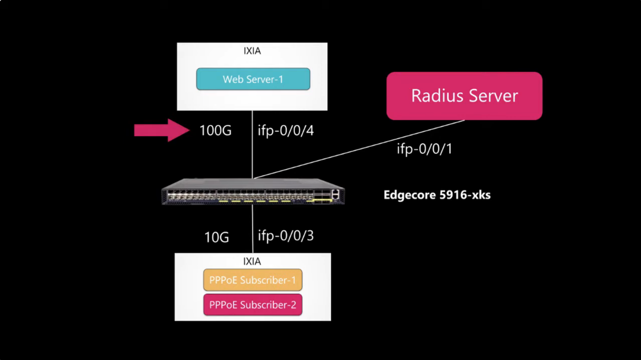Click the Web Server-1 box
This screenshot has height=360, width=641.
pyautogui.click(x=253, y=79)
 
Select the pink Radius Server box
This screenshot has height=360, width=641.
pyautogui.click(x=464, y=96)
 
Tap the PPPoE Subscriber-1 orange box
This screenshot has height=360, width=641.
pyautogui.click(x=252, y=280)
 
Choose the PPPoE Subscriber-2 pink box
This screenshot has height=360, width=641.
pyautogui.click(x=252, y=305)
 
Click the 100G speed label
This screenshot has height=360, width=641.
pyautogui.click(x=215, y=131)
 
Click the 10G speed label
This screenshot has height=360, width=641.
pyautogui.click(x=216, y=237)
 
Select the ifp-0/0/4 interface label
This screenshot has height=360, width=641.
pyautogui.click(x=285, y=131)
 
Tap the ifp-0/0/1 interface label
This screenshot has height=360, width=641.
pyautogui.click(x=424, y=148)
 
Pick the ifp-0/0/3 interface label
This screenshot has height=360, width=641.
pyautogui.click(x=285, y=235)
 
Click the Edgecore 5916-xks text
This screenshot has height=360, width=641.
pyautogui.click(x=437, y=195)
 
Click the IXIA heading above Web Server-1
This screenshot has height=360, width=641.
pyautogui.click(x=252, y=51)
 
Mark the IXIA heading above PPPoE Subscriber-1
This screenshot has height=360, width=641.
pyautogui.click(x=252, y=261)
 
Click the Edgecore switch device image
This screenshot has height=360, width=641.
pyautogui.click(x=253, y=192)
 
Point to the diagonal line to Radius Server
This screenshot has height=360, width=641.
pyautogui.click(x=359, y=149)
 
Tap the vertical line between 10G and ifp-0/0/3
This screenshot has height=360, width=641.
pyautogui.click(x=252, y=228)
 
